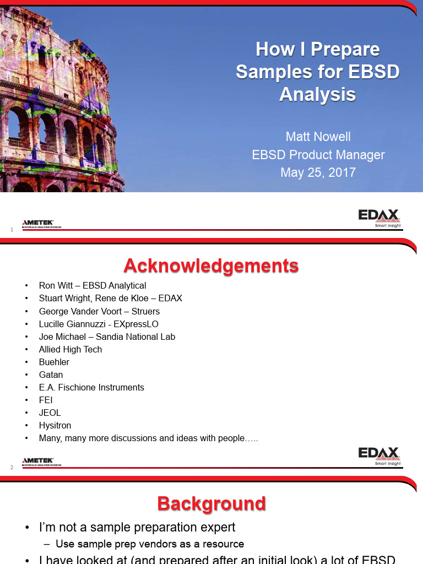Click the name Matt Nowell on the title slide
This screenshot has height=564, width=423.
[318, 137]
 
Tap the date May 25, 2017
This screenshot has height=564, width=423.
[318, 172]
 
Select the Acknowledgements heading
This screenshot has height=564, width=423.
[211, 266]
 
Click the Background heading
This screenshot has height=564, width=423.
[211, 503]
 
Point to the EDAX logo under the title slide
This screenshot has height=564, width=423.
[379, 217]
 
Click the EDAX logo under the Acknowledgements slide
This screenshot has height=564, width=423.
[379, 454]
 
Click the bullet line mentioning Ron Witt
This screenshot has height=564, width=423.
[93, 285]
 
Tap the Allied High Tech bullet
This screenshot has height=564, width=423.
[70, 349]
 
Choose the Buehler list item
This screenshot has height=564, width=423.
[54, 362]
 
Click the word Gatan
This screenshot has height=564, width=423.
[51, 375]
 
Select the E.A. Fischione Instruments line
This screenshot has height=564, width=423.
[91, 387]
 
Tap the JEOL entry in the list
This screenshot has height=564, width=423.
[50, 413]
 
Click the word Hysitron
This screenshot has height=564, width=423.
[55, 425]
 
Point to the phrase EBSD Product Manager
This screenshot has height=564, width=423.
[318, 155]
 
